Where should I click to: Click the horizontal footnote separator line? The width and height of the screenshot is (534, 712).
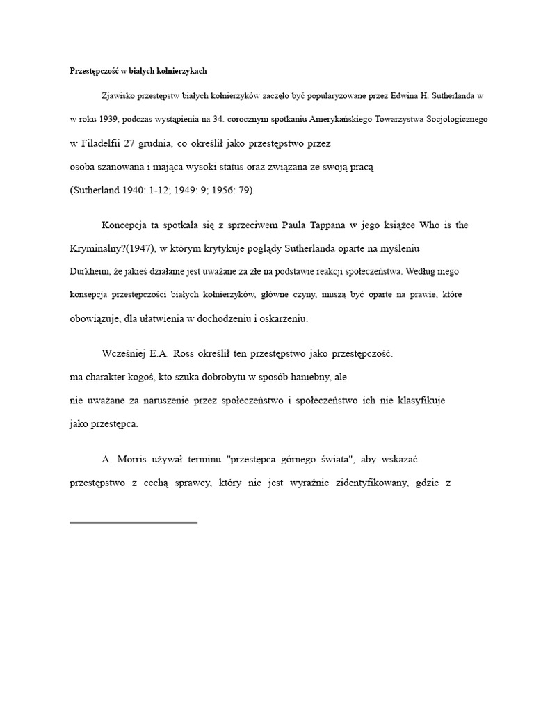pos(134,521)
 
